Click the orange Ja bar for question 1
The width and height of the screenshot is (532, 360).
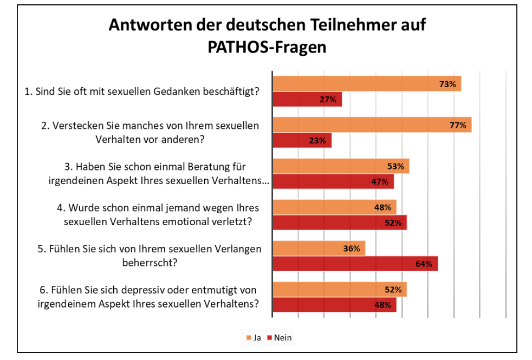[366, 84]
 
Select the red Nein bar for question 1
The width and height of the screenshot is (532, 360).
[307, 100]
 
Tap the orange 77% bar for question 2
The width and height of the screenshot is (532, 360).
[372, 125]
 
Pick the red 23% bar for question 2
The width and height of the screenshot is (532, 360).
[301, 141]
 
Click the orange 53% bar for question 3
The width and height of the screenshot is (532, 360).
[340, 166]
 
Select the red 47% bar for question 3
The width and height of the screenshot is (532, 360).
[333, 182]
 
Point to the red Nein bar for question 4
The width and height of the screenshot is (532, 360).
[339, 223]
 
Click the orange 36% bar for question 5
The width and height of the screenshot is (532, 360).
[319, 248]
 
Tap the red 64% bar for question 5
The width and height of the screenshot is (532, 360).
[355, 264]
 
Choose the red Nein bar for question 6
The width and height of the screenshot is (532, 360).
[334, 305]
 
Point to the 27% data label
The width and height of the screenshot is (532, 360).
[328, 100]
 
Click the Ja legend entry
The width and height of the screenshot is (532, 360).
[254, 338]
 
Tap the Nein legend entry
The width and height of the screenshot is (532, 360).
[280, 338]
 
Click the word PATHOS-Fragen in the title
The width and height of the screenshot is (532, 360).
[267, 47]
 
